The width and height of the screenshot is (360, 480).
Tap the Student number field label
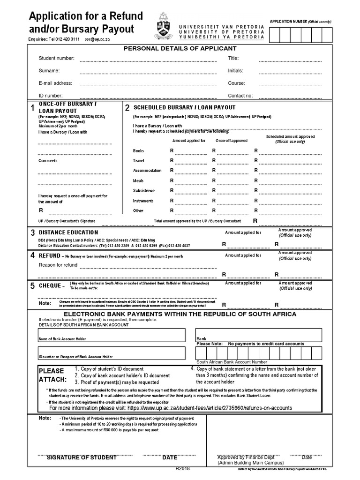(x=56, y=58)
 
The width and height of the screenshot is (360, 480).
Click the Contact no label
(x=240, y=96)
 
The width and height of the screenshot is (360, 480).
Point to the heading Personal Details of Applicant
(x=180, y=48)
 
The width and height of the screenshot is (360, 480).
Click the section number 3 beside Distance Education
(x=33, y=233)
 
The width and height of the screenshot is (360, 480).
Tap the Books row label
(x=139, y=151)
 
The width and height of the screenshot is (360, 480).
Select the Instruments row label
(x=143, y=201)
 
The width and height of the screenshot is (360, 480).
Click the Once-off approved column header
(x=232, y=141)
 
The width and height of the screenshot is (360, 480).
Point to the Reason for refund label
(x=58, y=265)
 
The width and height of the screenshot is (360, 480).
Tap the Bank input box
(x=258, y=335)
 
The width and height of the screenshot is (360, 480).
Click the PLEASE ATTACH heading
(x=53, y=375)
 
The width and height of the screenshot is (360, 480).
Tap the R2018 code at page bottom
(x=183, y=469)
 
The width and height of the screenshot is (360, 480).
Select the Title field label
(x=233, y=58)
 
